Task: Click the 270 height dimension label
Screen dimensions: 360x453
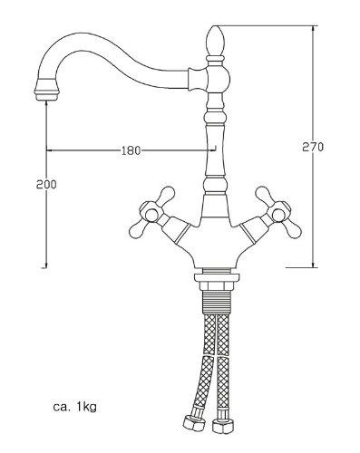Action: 313,147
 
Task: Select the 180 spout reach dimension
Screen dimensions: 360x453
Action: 131,150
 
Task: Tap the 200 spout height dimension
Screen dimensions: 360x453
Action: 46,184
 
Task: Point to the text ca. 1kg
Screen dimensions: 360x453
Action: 75,407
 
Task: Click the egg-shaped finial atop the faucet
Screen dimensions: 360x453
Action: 215,40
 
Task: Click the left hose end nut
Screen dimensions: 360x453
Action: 194,423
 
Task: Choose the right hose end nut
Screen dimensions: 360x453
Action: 223,425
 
